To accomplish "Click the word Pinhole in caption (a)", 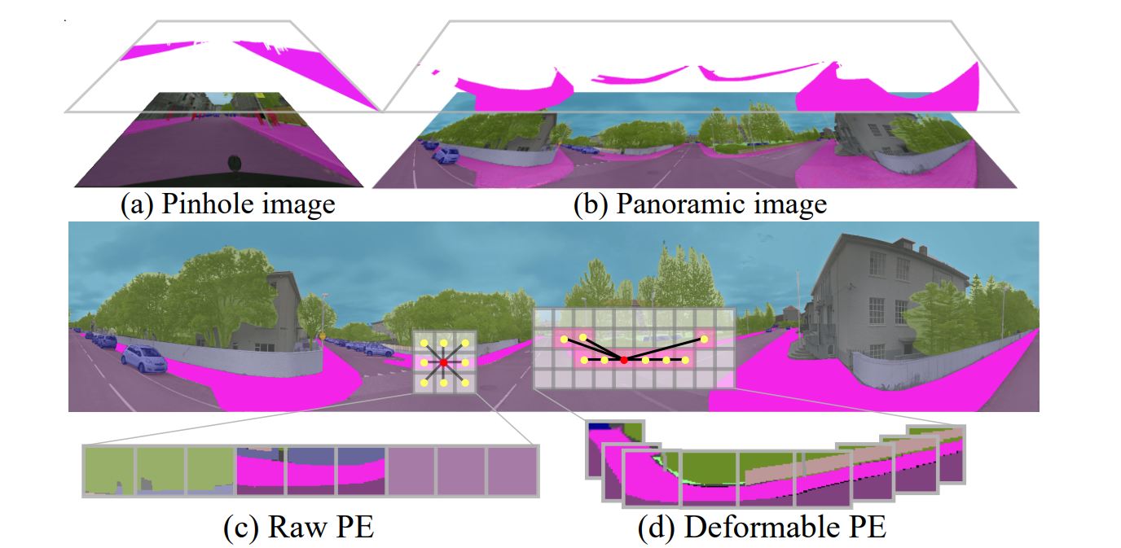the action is [207, 204].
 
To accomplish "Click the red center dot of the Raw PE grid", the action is [444, 362].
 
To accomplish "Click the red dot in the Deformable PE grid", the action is [623, 360].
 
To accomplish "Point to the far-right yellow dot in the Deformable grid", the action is [704, 340].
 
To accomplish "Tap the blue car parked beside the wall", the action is [143, 360].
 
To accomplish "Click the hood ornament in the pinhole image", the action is [234, 163].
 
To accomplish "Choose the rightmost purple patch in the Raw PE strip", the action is [512, 471].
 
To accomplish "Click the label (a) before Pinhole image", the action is [137, 205].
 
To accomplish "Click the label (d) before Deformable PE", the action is [654, 528].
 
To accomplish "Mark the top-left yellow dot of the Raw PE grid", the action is [424, 343].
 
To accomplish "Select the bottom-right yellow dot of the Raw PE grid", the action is [465, 383].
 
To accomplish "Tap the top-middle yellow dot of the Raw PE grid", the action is [444, 343].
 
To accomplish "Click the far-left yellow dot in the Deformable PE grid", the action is [564, 340].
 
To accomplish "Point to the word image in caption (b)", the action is [793, 205].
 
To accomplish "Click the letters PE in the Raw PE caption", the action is [355, 527].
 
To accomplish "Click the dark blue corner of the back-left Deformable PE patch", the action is [599, 427].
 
